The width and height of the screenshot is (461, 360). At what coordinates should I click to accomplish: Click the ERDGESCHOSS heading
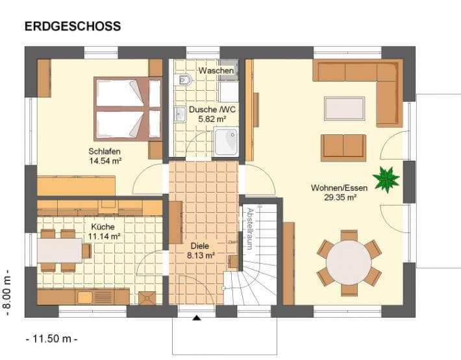73,26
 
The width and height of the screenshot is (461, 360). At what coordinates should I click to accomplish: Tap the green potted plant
386,179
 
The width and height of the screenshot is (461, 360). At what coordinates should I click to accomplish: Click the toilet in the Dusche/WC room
183,79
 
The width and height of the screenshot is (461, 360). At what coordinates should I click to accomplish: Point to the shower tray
226,141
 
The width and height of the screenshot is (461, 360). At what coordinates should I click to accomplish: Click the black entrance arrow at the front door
196,318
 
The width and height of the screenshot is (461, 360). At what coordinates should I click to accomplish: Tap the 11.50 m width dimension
52,339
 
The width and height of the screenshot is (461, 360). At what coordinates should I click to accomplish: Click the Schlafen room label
105,151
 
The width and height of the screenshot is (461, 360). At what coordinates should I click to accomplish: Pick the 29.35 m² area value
340,198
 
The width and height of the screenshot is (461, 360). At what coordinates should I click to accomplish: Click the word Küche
103,226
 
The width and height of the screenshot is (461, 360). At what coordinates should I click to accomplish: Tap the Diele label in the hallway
199,246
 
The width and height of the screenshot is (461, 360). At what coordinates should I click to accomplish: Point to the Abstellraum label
249,229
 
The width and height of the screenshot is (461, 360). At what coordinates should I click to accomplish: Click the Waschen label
216,71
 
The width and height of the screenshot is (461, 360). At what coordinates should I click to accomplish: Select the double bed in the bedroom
128,109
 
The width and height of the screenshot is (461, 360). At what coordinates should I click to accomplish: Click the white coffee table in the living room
344,108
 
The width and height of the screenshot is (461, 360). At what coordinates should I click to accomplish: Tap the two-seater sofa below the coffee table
343,148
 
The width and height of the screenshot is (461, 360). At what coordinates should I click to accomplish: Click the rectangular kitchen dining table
60,250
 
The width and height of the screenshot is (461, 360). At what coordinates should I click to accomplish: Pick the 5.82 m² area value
212,119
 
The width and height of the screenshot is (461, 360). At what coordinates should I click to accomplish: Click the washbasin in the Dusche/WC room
180,114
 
